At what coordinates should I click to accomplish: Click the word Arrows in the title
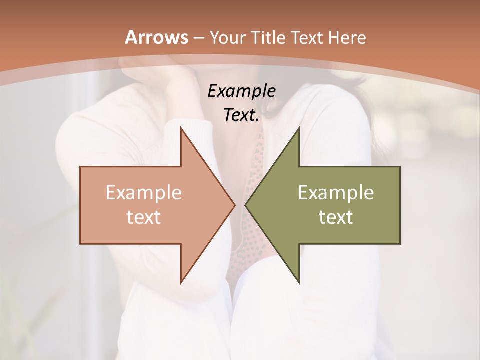point(157,37)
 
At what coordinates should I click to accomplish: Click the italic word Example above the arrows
point(241,91)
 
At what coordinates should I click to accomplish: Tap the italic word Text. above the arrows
point(241,115)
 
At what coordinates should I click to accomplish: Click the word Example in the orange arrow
point(144,193)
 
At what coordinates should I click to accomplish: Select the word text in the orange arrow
point(144,217)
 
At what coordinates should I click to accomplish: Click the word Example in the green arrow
point(336,193)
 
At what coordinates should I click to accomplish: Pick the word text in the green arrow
point(336,217)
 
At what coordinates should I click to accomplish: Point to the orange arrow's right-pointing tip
point(234,205)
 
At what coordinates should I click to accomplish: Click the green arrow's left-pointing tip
point(246,205)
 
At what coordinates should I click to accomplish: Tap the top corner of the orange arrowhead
point(181,128)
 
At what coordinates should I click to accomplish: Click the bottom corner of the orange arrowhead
point(181,282)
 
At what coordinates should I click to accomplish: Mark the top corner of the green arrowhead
point(299,128)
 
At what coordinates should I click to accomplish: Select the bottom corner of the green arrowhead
point(299,282)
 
